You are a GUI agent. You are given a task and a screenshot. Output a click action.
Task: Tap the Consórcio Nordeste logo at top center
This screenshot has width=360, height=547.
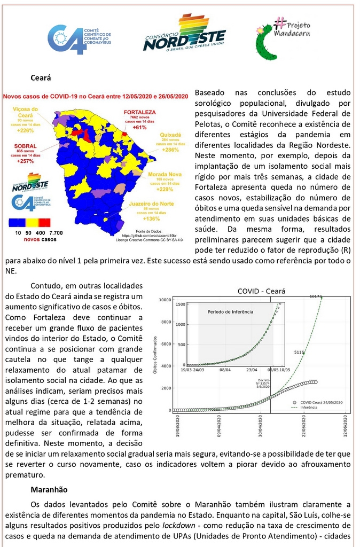pos(184,33)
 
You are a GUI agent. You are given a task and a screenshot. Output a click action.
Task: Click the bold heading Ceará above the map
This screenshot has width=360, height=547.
pos(41,78)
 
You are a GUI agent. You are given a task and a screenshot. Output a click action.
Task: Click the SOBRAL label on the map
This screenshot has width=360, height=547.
pos(26,145)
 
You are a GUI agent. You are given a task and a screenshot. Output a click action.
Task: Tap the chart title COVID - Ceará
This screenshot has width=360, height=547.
pos(261,292)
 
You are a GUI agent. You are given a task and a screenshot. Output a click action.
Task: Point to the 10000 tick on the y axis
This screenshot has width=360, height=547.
pos(165,300)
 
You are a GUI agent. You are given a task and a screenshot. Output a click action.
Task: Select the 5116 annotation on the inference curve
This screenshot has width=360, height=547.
pos(299,353)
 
